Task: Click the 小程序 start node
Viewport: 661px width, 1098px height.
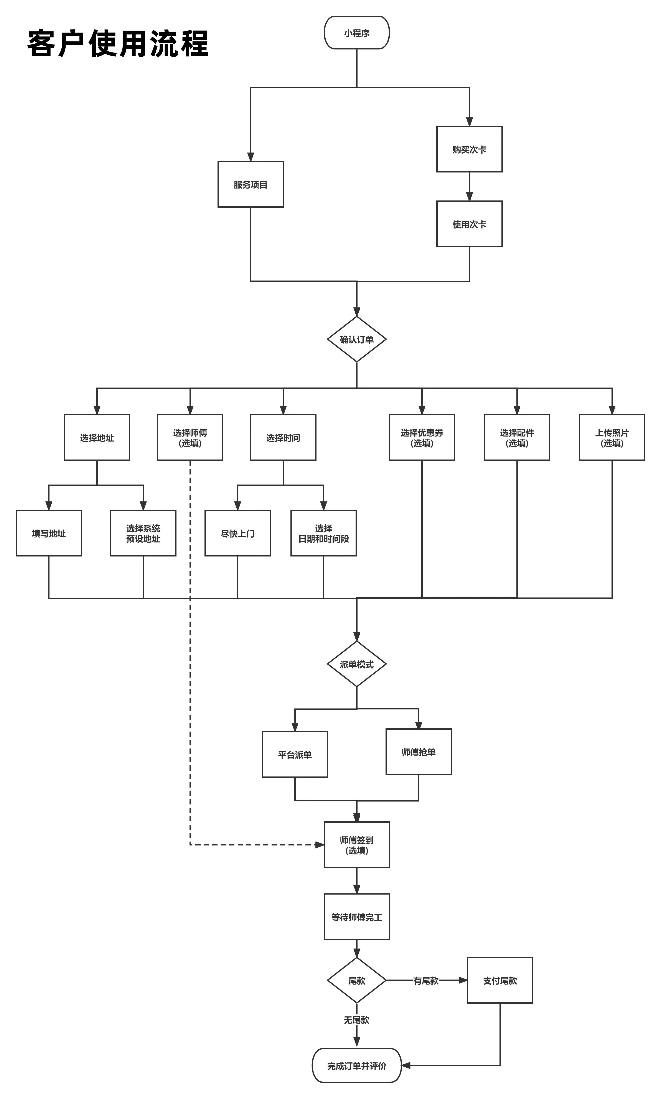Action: (x=357, y=33)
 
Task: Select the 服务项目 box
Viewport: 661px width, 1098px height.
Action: (x=250, y=184)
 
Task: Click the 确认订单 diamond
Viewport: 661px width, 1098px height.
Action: (x=357, y=339)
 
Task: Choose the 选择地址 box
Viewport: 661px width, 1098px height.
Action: (x=97, y=438)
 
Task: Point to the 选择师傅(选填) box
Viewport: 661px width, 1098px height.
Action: (x=190, y=438)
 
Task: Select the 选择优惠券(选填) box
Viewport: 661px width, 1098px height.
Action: (x=422, y=438)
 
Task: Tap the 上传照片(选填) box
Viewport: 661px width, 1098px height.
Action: (x=612, y=438)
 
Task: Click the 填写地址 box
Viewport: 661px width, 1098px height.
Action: (x=49, y=533)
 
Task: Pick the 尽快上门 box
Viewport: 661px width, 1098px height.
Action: (x=237, y=533)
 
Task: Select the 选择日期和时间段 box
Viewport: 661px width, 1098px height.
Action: (x=323, y=533)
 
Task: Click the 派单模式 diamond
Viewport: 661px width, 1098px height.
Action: (x=357, y=664)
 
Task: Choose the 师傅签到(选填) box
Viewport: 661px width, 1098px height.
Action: (x=357, y=845)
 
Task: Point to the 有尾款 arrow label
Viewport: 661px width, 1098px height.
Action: (x=426, y=980)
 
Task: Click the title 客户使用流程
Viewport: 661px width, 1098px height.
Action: (x=118, y=44)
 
